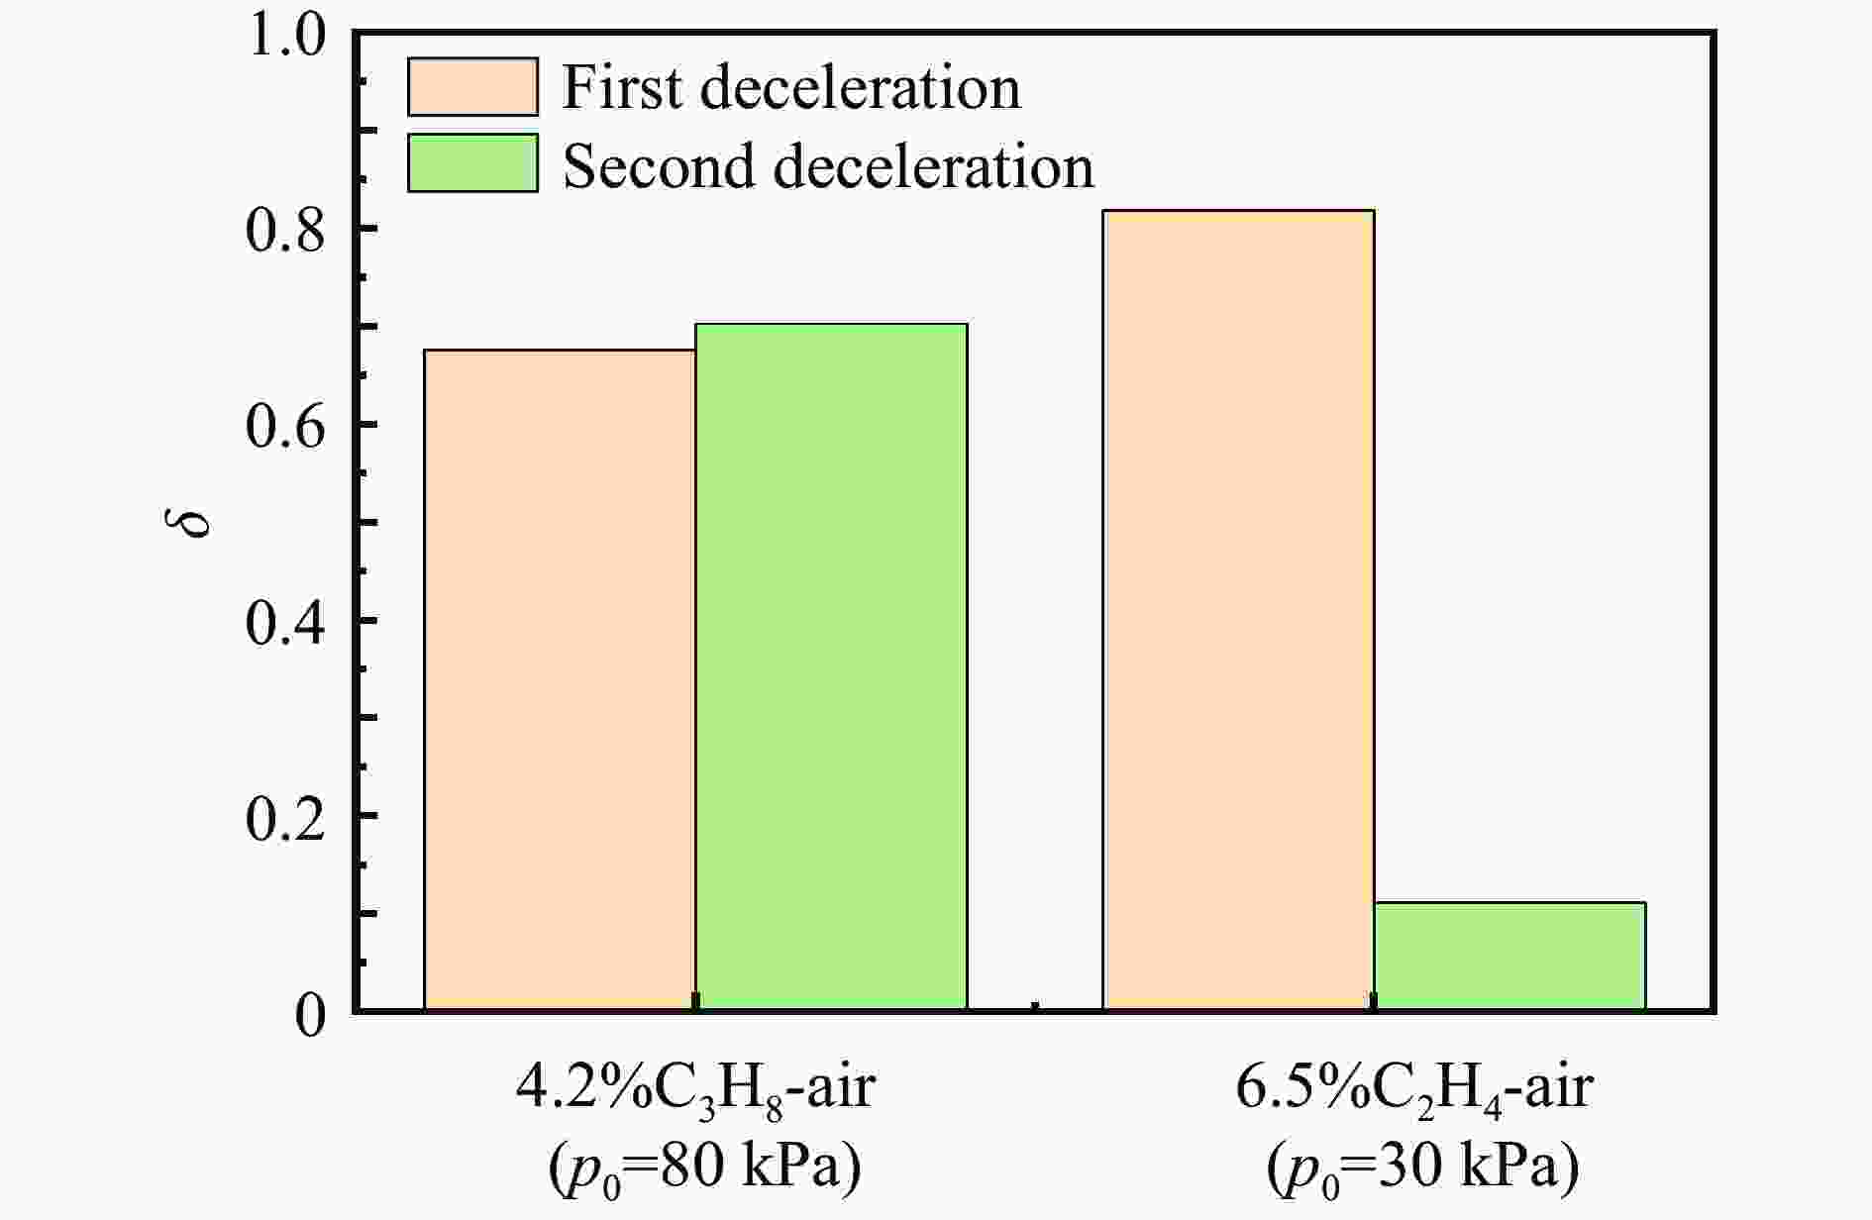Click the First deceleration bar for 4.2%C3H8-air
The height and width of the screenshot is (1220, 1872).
click(560, 679)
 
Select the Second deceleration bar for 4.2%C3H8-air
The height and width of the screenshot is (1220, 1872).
click(831, 666)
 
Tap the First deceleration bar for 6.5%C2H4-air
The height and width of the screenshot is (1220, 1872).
click(1238, 610)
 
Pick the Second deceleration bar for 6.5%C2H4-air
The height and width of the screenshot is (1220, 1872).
click(1509, 956)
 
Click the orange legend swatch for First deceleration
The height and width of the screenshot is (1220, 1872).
click(472, 87)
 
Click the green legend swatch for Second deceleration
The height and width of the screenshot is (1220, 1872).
click(472, 163)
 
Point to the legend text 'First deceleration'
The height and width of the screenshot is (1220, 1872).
click(790, 87)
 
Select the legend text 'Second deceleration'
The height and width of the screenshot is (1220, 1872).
click(828, 165)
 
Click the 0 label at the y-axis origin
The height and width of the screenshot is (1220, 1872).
click(310, 1015)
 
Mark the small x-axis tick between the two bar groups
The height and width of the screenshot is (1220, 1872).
click(1035, 1007)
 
